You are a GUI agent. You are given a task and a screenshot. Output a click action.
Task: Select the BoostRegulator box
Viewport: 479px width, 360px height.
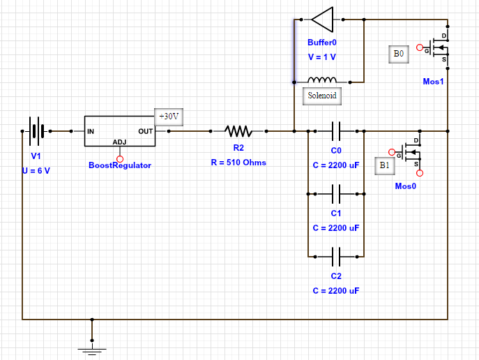(x=119, y=131)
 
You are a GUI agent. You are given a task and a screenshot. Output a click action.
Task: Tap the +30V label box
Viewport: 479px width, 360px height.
(x=169, y=117)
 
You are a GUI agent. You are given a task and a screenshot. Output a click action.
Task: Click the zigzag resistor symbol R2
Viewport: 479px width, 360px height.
(x=238, y=130)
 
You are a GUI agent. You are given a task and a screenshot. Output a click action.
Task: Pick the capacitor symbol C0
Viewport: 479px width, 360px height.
(x=335, y=130)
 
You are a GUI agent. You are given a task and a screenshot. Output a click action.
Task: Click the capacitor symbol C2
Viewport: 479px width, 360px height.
(x=335, y=257)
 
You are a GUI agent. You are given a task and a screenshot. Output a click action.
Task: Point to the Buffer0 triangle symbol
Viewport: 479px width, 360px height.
(x=322, y=19)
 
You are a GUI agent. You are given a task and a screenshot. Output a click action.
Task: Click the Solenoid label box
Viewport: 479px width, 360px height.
(x=321, y=96)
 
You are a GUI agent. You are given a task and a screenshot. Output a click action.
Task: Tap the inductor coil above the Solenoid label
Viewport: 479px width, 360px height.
(x=321, y=80)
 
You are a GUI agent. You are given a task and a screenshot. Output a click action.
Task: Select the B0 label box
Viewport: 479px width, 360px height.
(x=398, y=54)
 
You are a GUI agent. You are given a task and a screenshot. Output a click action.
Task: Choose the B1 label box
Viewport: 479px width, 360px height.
(x=384, y=165)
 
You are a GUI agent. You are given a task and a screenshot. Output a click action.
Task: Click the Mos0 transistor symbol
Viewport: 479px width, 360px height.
(x=411, y=152)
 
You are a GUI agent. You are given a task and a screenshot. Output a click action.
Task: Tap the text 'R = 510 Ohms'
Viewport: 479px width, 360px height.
(x=238, y=163)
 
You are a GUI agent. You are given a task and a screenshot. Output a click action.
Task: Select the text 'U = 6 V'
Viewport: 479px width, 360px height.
(x=36, y=170)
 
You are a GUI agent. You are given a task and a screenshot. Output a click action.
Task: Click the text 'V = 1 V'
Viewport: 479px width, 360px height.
(x=321, y=57)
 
